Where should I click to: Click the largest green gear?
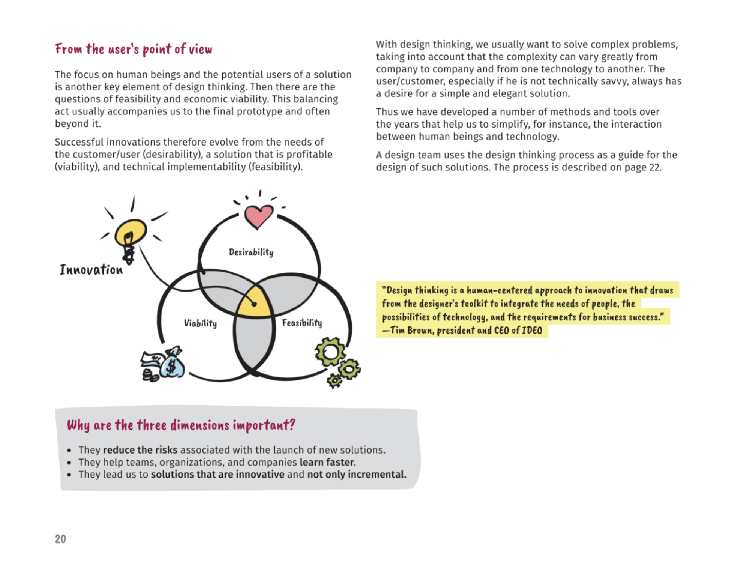[x=330, y=352]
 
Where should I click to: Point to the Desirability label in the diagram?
[x=251, y=252]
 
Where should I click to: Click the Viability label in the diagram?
[x=200, y=323]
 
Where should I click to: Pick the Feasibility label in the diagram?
[x=302, y=323]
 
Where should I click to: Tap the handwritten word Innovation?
[x=91, y=270]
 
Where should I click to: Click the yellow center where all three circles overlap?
[x=254, y=304]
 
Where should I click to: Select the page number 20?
[x=60, y=539]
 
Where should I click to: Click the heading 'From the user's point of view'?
[x=133, y=49]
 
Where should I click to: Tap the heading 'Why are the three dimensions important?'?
[x=181, y=425]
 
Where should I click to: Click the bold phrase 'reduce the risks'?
[x=140, y=450]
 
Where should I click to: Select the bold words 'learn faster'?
[x=327, y=462]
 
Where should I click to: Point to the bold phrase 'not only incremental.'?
[x=357, y=475]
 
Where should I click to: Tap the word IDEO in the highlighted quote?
[x=532, y=331]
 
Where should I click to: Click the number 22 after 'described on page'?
[x=654, y=167]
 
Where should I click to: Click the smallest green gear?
[x=334, y=381]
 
